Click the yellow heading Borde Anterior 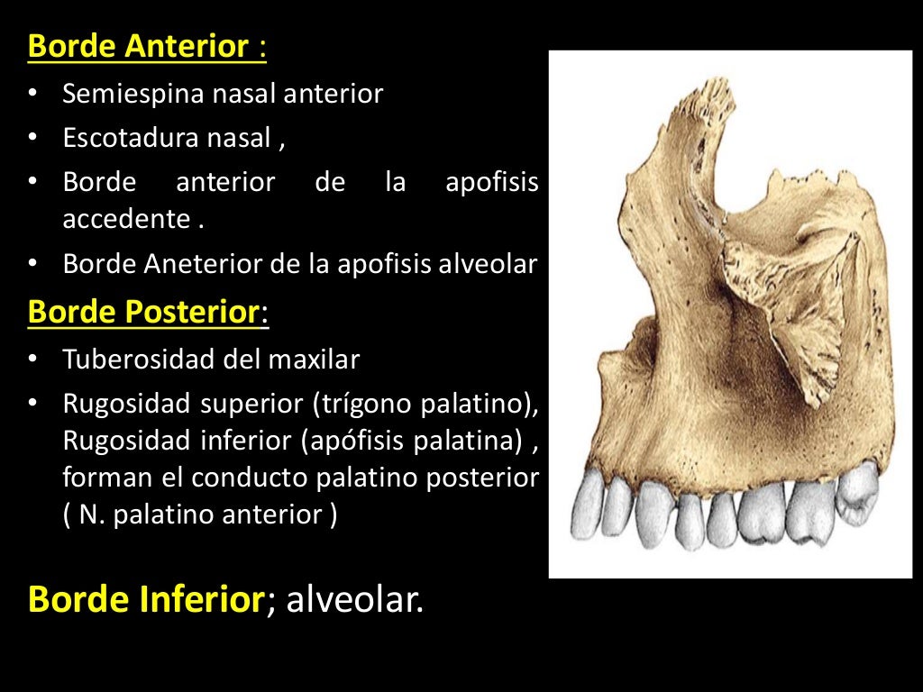[138, 47]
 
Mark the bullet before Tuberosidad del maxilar [33, 360]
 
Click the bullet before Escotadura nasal [33, 138]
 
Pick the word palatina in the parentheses [466, 442]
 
